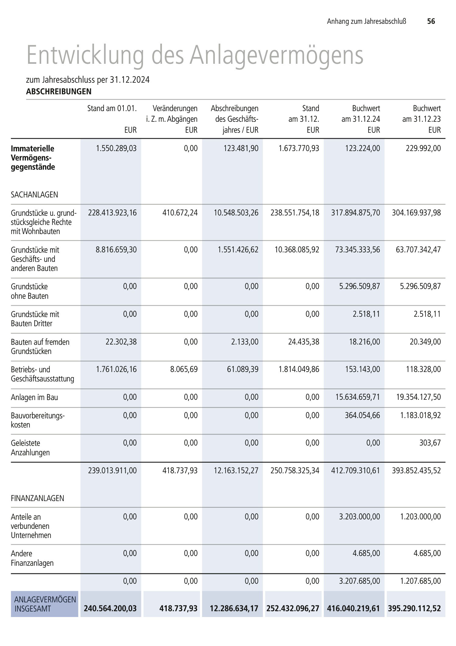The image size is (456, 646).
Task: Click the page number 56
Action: tap(431, 21)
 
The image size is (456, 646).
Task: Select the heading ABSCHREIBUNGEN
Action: tap(59, 92)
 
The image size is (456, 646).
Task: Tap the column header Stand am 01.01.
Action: tap(112, 108)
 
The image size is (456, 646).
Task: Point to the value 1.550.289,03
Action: tap(116, 149)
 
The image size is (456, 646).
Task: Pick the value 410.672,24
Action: tap(180, 213)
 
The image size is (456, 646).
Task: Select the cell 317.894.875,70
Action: tap(355, 213)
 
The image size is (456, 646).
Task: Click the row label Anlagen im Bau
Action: tap(34, 397)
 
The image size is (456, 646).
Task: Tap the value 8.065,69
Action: tap(184, 370)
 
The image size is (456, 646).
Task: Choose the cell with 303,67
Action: tap(430, 443)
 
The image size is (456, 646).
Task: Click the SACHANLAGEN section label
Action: tap(34, 195)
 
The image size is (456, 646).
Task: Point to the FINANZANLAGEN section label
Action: tap(37, 498)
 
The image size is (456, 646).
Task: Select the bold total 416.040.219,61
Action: tap(353, 608)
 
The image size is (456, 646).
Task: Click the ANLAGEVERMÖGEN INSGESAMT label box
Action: tap(45, 604)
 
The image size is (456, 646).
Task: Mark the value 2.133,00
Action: tap(247, 342)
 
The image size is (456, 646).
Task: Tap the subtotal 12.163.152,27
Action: tap(236, 471)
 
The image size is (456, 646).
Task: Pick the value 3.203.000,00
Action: tap(360, 517)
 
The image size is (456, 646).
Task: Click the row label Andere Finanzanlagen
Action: tap(32, 558)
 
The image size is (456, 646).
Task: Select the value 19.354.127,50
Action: tap(419, 397)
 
